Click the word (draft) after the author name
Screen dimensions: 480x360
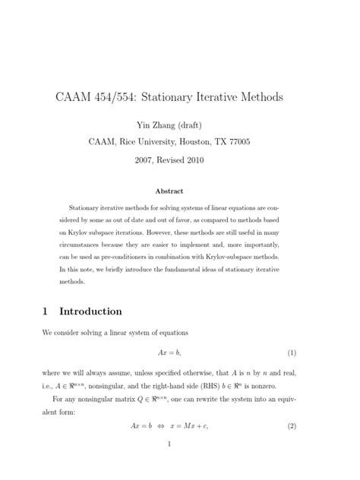point(195,125)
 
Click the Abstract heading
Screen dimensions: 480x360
point(180,191)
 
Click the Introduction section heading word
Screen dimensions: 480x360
point(90,311)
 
